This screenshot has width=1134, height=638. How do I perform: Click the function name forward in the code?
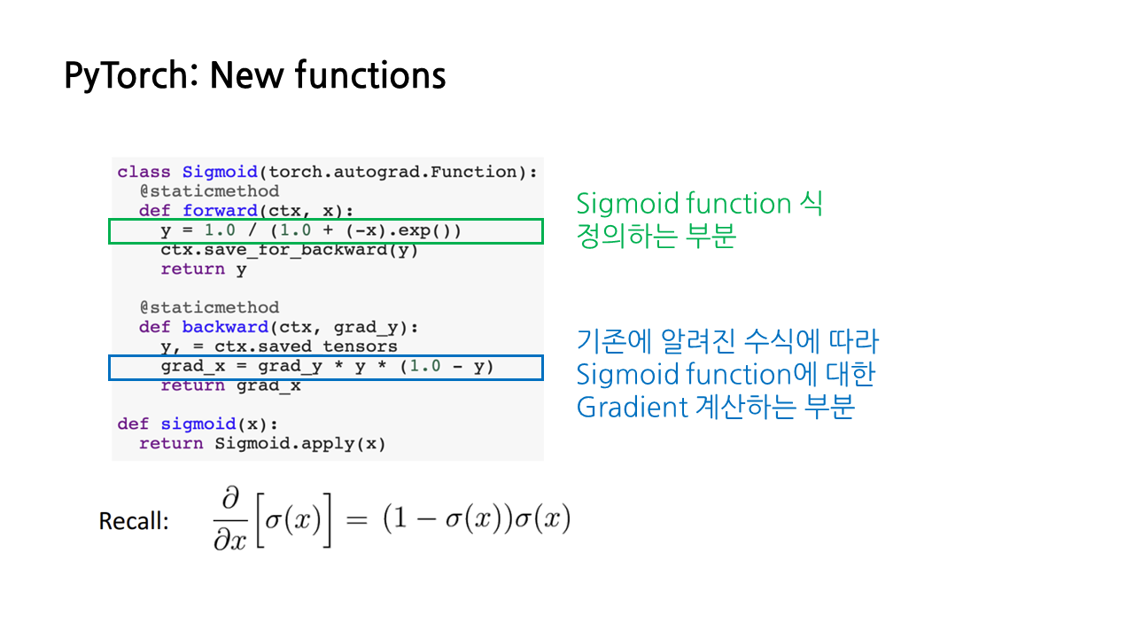pos(220,211)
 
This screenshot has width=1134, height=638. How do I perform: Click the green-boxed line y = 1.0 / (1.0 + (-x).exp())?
pos(311,231)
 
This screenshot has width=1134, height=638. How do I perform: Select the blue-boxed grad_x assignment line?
pos(327,367)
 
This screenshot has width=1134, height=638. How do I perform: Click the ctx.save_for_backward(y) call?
pos(289,250)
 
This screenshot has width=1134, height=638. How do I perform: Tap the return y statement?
pos(204,269)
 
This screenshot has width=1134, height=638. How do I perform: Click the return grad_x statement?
pos(230,385)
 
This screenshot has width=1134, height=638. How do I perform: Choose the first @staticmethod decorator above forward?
pos(209,191)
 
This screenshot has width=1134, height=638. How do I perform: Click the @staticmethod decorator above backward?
pos(209,307)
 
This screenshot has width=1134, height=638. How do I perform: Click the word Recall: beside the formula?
pos(134,521)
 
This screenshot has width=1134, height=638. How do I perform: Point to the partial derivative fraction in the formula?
pos(233,521)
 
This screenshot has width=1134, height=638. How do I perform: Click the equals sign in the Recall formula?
pos(356,521)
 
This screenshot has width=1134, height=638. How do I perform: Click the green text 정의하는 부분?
pos(656,237)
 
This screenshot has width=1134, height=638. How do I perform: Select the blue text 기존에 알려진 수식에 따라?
pos(727,342)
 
